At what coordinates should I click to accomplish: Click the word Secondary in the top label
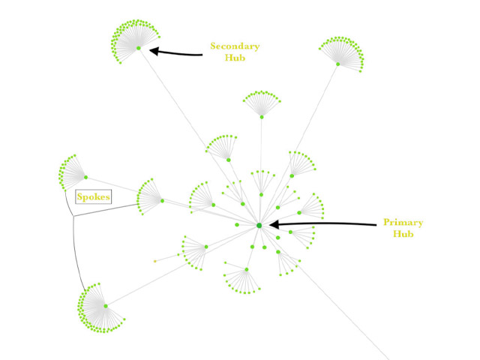coord(235,46)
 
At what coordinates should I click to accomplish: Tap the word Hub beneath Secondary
coord(235,58)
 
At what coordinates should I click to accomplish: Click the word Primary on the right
coord(403,223)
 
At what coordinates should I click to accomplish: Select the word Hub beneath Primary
coord(403,234)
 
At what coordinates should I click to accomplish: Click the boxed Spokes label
coord(94,197)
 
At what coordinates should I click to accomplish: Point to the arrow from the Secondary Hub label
coord(176,52)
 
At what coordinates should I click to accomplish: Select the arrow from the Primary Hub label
coord(322,224)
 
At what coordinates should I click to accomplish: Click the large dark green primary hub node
coord(259,225)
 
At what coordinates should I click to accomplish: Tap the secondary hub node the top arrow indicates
coord(139,48)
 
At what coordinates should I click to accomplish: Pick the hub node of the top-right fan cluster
coord(337,64)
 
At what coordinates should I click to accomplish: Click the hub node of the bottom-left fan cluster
coord(106,305)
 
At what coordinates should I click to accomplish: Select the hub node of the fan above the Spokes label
coord(86,177)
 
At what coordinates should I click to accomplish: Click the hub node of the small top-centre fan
coord(262,116)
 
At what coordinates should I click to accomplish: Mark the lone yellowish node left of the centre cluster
coord(155,261)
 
